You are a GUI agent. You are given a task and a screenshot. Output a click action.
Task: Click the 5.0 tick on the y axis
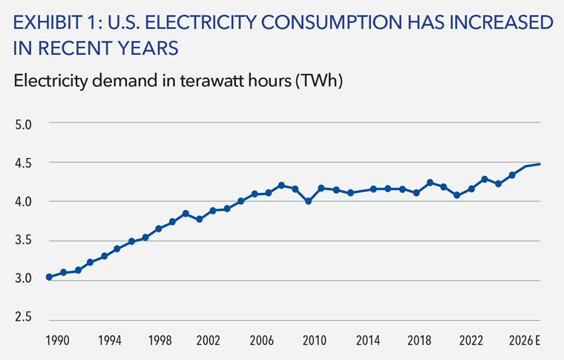point(23,124)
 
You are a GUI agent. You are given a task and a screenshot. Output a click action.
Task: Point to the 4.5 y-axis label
point(23,163)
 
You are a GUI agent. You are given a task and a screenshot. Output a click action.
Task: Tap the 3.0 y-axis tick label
point(23,278)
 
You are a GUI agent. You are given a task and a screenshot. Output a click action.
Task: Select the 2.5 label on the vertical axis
point(23,317)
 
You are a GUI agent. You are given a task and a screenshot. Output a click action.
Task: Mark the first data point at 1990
point(49,277)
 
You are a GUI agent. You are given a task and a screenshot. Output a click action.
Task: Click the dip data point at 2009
point(308,201)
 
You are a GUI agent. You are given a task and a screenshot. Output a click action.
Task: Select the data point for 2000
point(186,213)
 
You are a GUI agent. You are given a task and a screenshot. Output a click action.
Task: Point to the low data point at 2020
point(457,195)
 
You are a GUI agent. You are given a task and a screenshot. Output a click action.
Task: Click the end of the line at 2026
point(540,164)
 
